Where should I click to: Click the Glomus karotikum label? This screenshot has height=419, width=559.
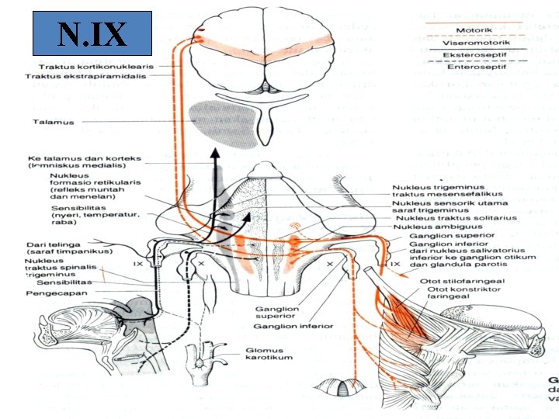263,354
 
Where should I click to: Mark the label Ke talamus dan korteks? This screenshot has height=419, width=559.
83,158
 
